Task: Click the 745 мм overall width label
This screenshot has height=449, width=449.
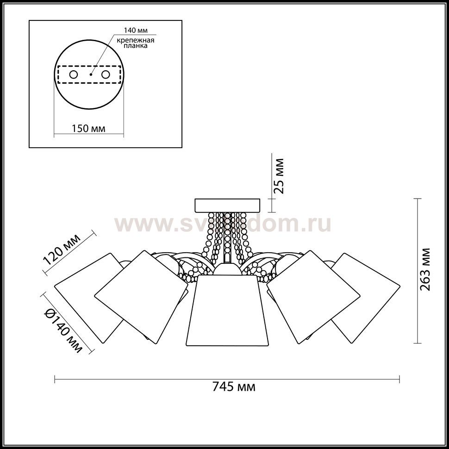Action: coord(234,387)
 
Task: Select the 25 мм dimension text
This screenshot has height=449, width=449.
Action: coord(279,176)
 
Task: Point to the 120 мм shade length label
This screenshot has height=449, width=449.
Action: coord(62,249)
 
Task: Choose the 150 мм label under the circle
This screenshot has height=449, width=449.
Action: coord(88,129)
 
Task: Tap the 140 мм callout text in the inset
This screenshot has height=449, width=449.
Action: coord(136,31)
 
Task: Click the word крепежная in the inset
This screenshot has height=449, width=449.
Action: coord(136,40)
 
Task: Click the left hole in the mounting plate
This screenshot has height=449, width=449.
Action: coord(74,75)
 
